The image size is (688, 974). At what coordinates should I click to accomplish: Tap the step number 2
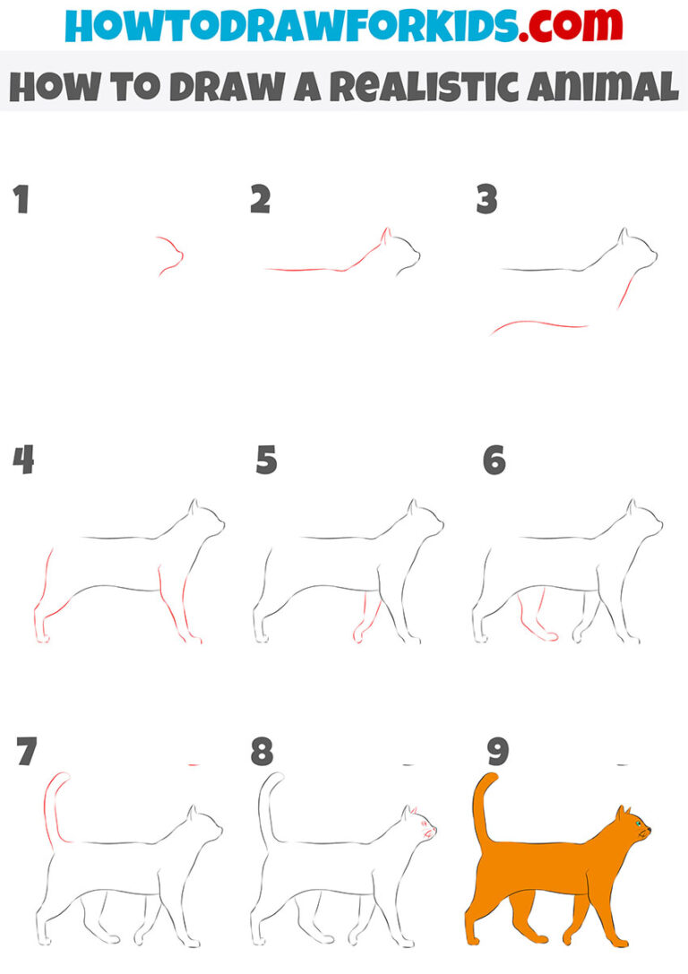click(260, 201)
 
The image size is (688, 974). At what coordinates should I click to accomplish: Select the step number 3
click(486, 201)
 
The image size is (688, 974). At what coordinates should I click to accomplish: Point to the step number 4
click(23, 461)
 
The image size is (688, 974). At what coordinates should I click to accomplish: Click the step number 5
click(266, 461)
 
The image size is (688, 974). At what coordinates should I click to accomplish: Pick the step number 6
click(494, 461)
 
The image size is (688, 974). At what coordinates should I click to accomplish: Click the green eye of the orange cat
click(639, 823)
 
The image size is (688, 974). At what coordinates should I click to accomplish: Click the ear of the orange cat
click(621, 814)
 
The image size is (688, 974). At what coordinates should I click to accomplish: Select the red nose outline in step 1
click(172, 254)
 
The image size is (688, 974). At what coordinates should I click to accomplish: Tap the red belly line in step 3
click(537, 324)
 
